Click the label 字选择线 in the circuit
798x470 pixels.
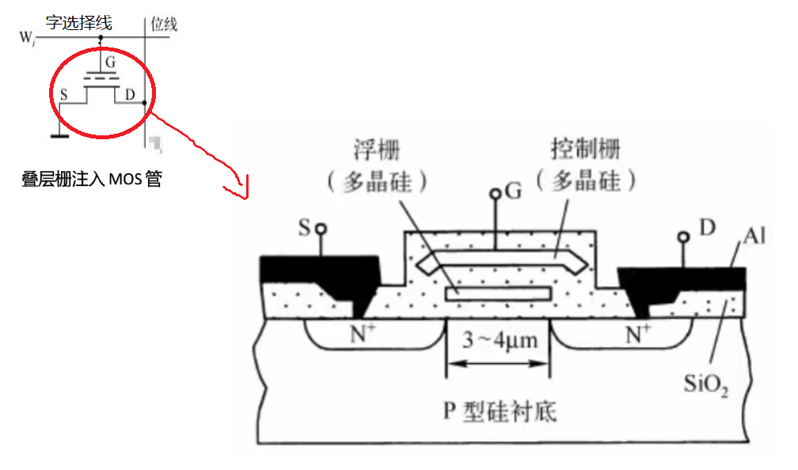(78, 23)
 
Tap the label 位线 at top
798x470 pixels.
(164, 25)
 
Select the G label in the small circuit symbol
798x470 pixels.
(110, 61)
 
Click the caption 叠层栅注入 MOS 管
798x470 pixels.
(92, 179)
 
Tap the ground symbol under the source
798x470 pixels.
(58, 136)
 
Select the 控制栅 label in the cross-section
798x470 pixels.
(586, 148)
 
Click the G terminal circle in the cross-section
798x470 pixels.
(495, 193)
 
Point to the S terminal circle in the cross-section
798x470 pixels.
(321, 229)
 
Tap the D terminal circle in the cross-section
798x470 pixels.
(682, 237)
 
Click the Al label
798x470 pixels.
(753, 236)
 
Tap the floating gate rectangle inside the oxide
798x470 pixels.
(498, 294)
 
